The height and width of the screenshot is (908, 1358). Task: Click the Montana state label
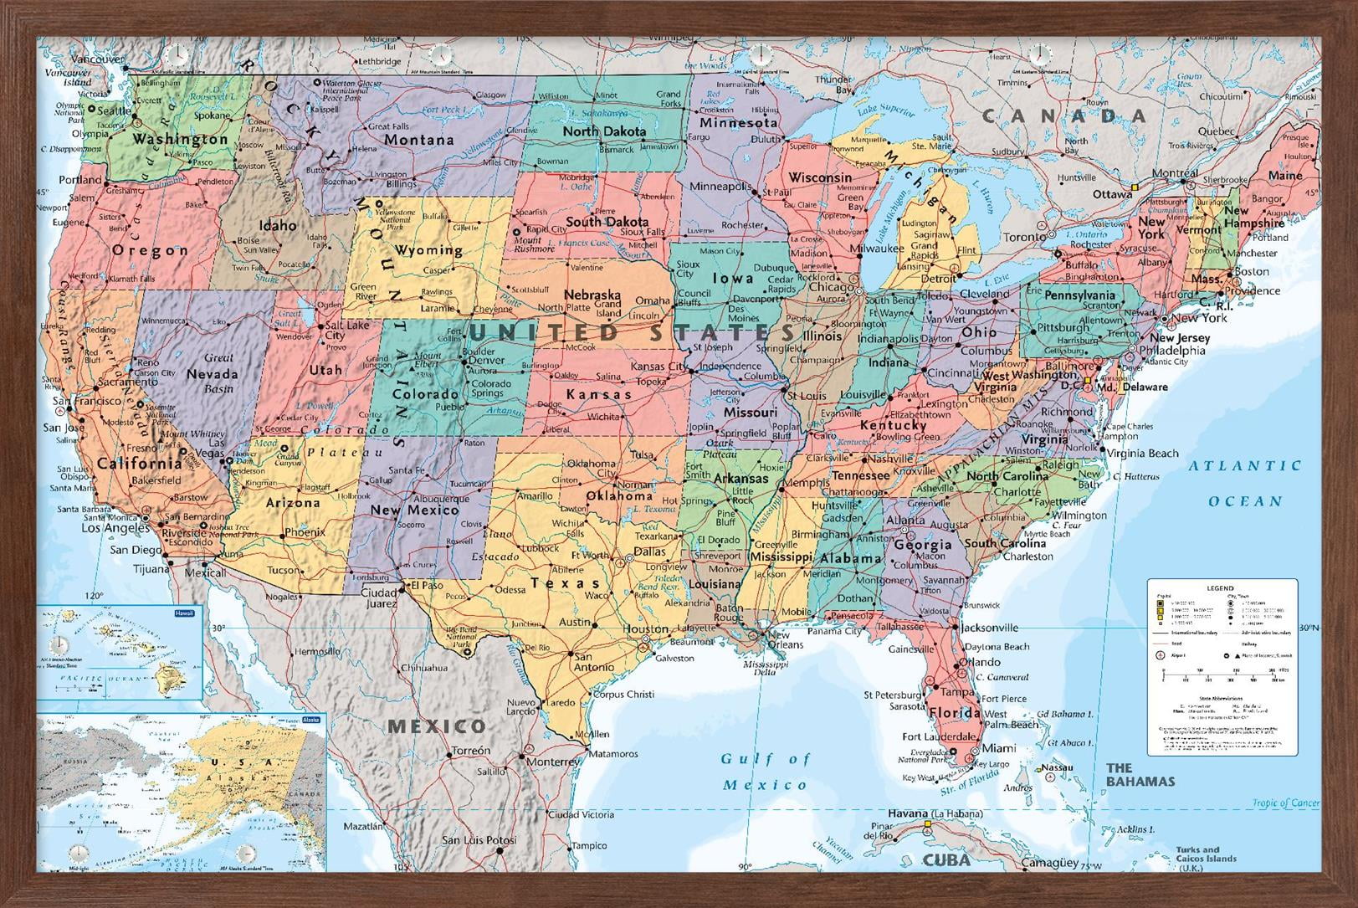point(419,140)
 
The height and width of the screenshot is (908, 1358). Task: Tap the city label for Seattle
point(115,110)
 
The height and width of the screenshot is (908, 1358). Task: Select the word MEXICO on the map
point(436,726)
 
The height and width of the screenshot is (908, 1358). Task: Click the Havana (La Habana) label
point(935,813)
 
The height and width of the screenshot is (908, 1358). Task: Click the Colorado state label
point(425,393)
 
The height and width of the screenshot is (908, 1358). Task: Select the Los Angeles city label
point(115,528)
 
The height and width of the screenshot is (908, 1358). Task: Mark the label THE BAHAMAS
point(1140,774)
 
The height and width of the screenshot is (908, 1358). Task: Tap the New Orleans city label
point(785,639)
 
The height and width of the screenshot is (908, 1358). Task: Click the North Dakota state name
point(604,131)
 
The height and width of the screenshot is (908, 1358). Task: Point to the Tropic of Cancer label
point(1285,803)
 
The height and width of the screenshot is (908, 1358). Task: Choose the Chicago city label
point(832,287)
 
